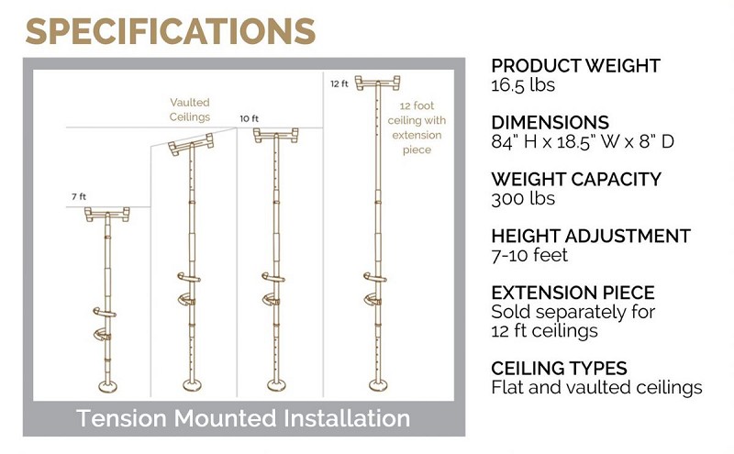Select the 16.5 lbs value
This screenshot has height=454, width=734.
click(x=525, y=85)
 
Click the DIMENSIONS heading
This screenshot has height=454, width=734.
click(x=550, y=123)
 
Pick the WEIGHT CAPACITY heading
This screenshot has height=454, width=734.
click(x=575, y=179)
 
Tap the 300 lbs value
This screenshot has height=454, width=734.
click(x=522, y=197)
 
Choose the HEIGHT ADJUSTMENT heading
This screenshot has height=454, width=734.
click(x=591, y=237)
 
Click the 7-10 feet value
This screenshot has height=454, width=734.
click(x=528, y=255)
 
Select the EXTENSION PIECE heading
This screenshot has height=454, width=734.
click(x=573, y=293)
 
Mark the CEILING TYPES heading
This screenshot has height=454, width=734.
click(x=559, y=369)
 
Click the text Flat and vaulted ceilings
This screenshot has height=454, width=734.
click(x=596, y=387)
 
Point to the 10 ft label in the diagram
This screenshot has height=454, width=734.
click(x=250, y=119)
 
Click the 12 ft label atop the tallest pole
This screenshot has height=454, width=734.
click(x=339, y=83)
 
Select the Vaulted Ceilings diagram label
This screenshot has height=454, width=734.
click(x=190, y=110)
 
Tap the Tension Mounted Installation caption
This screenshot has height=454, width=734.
click(x=243, y=418)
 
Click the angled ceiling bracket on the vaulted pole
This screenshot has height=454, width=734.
click(x=190, y=141)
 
